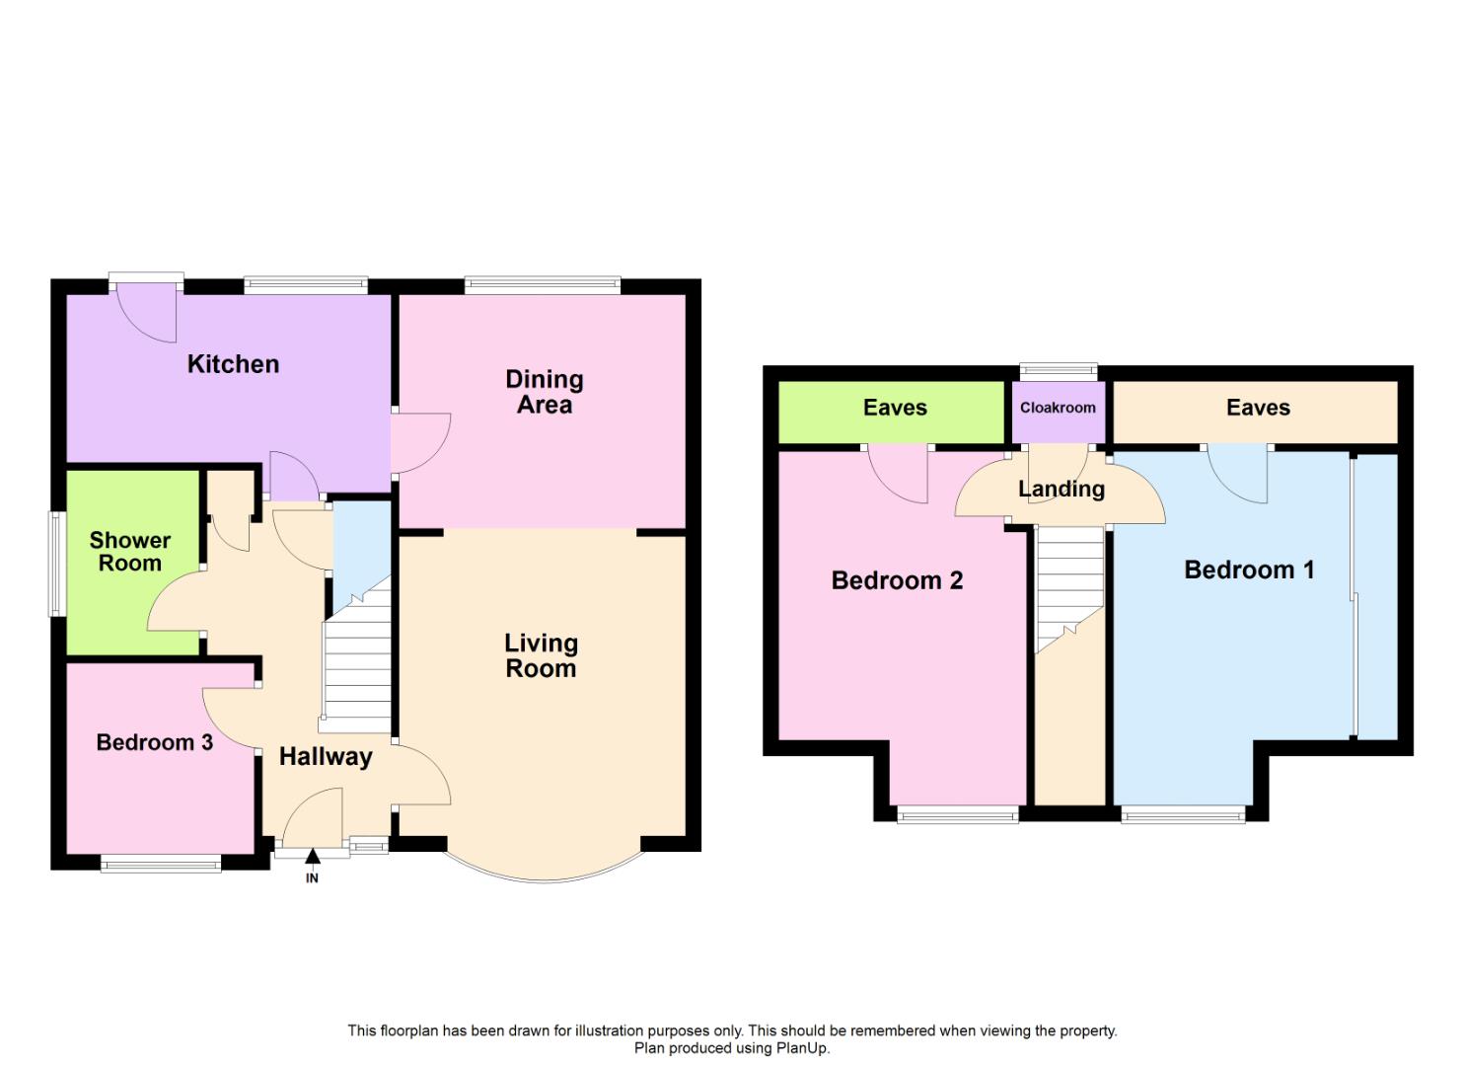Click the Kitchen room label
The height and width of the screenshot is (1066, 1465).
[233, 364]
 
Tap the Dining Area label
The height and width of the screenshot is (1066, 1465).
[544, 392]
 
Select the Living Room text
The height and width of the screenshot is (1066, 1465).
[541, 655]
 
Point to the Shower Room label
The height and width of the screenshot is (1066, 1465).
[129, 552]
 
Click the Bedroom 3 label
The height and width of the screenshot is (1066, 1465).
[154, 742]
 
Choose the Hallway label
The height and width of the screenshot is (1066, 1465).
[326, 757]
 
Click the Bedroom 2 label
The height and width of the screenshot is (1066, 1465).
[897, 580]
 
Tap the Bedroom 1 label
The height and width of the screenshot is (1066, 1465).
[1248, 570]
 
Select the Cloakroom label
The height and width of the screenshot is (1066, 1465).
[1057, 408]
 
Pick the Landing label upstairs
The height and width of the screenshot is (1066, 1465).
[1061, 489]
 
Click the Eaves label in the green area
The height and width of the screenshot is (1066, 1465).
[895, 408]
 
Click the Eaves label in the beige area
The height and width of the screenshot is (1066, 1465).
[1258, 408]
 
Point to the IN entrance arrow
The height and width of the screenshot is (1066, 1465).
[312, 857]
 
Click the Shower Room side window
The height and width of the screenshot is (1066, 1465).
[57, 564]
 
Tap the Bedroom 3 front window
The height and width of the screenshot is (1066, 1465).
[161, 865]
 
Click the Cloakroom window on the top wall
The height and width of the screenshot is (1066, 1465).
[1058, 371]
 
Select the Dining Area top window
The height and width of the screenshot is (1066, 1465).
[542, 285]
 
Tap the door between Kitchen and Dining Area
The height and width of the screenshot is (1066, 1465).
[419, 444]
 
